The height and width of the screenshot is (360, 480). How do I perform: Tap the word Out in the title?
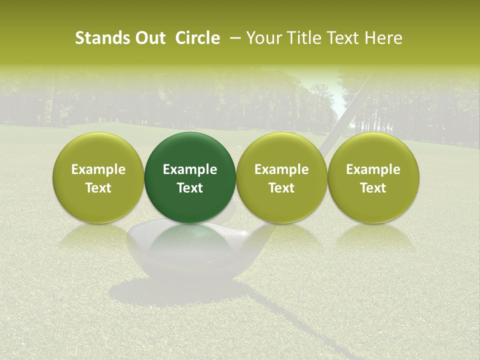(x=148, y=38)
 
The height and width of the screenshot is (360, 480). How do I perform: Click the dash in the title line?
(x=233, y=38)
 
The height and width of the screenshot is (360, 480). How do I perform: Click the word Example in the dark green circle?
(x=190, y=169)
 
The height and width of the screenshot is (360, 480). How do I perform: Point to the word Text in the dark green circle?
(x=190, y=188)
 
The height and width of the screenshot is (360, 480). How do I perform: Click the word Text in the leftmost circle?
(x=98, y=188)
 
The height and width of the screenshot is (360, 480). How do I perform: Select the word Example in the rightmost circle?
(x=373, y=169)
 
